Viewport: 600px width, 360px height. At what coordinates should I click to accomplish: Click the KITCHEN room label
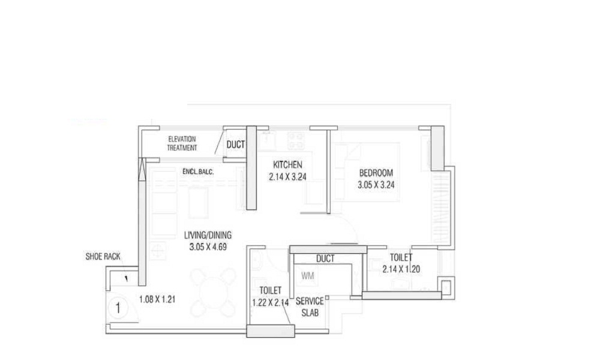click(288, 165)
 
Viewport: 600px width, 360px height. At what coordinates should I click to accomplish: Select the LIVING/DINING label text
click(208, 235)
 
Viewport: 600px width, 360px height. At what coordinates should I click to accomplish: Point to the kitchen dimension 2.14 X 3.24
click(288, 176)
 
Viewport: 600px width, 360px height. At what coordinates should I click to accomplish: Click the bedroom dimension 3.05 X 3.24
click(376, 185)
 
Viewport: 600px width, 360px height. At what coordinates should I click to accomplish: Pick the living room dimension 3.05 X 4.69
click(208, 246)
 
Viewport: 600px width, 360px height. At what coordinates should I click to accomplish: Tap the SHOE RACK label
click(104, 257)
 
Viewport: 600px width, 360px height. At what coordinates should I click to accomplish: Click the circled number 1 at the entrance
click(119, 309)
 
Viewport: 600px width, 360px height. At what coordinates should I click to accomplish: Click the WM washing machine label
click(308, 276)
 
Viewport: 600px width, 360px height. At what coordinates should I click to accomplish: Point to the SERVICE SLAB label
click(310, 307)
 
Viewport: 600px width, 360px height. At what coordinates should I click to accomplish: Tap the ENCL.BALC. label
click(199, 172)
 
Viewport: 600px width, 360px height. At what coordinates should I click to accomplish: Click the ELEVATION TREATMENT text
click(181, 143)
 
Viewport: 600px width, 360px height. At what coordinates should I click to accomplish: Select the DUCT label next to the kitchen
click(236, 144)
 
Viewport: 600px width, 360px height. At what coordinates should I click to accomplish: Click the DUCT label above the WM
click(325, 259)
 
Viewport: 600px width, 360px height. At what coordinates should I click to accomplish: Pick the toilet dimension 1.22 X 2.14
click(271, 302)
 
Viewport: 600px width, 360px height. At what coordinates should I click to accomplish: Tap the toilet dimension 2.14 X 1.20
click(401, 269)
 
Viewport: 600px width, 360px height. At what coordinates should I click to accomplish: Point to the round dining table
click(213, 293)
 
